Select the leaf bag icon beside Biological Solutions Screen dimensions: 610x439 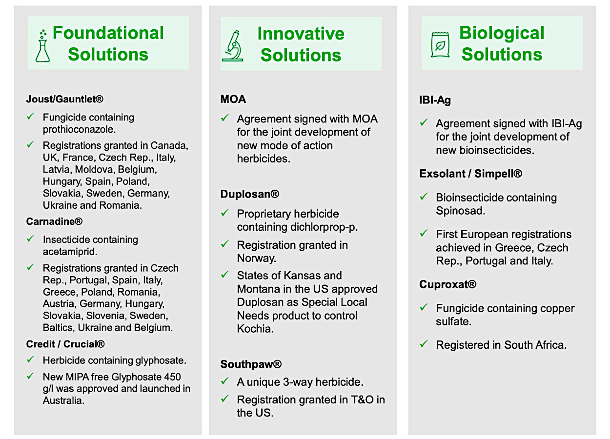coord(440,44)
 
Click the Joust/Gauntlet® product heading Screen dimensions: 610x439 coord(65,99)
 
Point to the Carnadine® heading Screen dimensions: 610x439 coord(54,221)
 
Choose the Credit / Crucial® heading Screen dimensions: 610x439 coord(65,344)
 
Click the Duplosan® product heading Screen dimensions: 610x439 coord(250,194)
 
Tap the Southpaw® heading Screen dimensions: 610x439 coord(251,364)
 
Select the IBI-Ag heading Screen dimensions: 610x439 coord(435,100)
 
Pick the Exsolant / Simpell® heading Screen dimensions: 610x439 coord(470,174)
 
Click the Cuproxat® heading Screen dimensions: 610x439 coord(447,284)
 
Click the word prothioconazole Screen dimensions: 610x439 coord(79,130)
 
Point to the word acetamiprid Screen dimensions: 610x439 coord(70,252)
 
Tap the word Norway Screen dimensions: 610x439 coord(257,258)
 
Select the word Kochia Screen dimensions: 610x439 coord(255,329)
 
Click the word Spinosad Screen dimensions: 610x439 coord(461,211)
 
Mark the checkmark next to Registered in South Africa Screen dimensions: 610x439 coord(424,344)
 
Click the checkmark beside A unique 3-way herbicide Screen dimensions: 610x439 coord(224,381)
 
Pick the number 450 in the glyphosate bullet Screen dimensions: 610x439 coord(172,377)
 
